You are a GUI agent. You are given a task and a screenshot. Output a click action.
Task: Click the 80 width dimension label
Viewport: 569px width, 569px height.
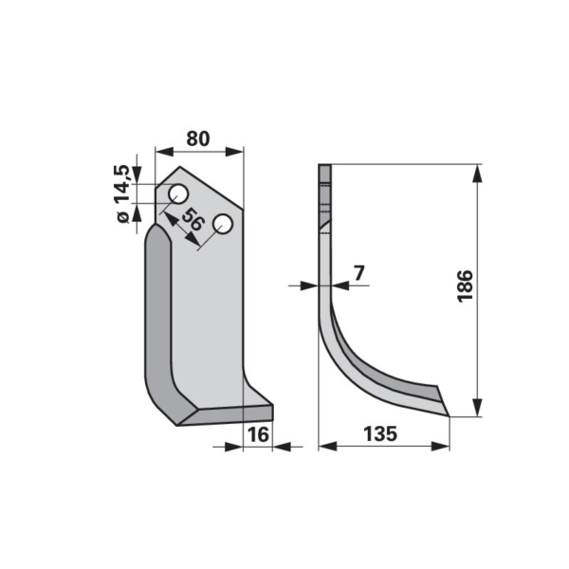(x=198, y=138)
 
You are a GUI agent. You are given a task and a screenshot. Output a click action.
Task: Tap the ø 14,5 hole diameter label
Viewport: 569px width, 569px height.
(x=122, y=193)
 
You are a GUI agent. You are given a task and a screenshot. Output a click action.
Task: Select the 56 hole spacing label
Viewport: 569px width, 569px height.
(x=193, y=220)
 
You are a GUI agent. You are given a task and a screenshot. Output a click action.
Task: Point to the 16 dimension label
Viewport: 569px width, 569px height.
(x=258, y=434)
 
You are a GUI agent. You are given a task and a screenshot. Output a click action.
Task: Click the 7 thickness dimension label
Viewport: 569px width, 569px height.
(x=358, y=273)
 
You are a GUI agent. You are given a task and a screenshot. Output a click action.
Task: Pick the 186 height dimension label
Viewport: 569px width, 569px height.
(x=465, y=286)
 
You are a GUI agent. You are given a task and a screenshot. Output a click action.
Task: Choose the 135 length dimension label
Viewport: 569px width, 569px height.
(x=380, y=433)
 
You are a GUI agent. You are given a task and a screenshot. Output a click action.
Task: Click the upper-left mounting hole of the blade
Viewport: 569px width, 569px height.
(x=178, y=193)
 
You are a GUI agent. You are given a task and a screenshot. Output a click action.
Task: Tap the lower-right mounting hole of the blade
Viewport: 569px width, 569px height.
(x=223, y=225)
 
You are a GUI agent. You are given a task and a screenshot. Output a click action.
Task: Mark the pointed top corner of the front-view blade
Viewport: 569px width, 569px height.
(x=179, y=167)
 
